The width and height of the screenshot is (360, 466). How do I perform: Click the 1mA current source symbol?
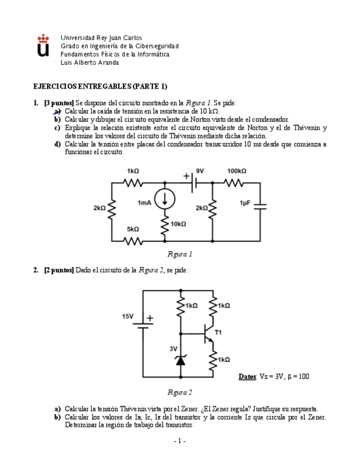tap(164, 199)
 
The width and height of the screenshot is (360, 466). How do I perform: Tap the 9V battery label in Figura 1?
tap(200, 171)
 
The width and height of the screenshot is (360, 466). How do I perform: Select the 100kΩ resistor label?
tap(237, 171)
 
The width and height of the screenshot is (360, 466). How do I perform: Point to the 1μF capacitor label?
tap(245, 203)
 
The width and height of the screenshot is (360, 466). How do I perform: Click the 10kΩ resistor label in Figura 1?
tap(178, 224)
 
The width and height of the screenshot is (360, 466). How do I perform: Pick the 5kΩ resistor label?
tap(132, 229)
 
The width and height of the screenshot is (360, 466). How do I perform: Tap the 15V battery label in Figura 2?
tap(128, 317)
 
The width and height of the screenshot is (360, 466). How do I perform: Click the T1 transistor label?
tap(218, 332)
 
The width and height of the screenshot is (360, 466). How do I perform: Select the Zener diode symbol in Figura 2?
tap(180, 360)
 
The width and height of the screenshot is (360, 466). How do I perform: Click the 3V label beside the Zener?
tap(173, 348)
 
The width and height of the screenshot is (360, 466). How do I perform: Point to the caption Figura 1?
tap(180, 254)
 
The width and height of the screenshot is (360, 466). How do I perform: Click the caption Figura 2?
tap(180, 392)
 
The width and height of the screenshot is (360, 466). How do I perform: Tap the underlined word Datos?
tap(247, 376)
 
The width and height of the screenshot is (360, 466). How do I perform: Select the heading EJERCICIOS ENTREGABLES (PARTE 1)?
tap(100, 86)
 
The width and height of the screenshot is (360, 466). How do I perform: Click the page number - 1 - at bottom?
tap(180, 441)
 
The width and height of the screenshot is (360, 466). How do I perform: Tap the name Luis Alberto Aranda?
tap(90, 63)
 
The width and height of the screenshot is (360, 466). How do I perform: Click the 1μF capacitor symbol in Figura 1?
tap(260, 206)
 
